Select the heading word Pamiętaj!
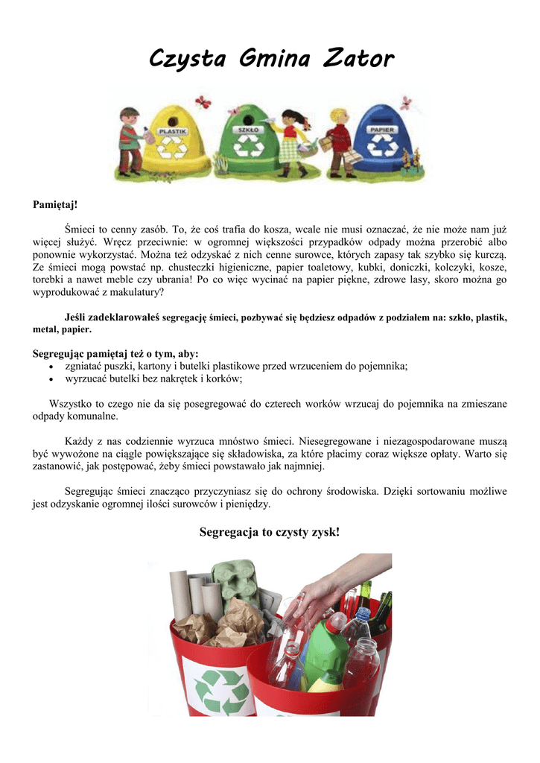click(x=55, y=204)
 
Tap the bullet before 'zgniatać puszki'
click(x=50, y=367)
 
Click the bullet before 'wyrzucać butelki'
click(x=50, y=379)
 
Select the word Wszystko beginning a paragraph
click(x=69, y=404)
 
